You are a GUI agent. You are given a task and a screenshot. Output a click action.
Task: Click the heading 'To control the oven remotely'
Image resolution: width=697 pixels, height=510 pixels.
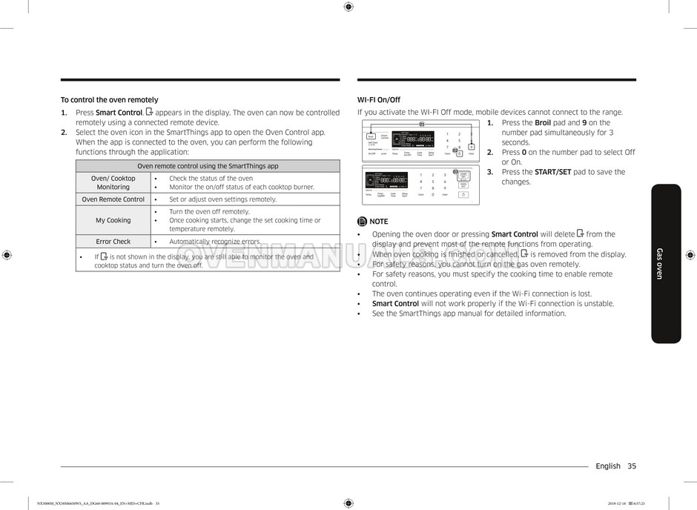(109, 100)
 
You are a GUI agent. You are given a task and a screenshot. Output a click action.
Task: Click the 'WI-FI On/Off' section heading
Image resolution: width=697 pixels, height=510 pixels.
(378, 100)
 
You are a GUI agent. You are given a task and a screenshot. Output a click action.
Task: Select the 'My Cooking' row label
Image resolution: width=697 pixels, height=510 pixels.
(113, 220)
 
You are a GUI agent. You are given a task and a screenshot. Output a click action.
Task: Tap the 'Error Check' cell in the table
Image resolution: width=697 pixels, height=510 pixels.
(113, 242)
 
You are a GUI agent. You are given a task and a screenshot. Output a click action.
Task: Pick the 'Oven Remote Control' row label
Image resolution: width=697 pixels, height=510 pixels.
(113, 199)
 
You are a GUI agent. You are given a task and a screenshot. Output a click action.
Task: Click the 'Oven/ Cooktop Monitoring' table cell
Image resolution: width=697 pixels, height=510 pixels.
(113, 182)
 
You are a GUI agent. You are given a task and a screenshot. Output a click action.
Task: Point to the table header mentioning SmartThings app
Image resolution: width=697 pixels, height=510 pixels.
(208, 166)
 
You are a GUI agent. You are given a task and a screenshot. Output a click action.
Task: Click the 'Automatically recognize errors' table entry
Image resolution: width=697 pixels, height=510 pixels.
(214, 242)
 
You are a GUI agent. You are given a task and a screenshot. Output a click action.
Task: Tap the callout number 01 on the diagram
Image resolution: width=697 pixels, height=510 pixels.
(422, 124)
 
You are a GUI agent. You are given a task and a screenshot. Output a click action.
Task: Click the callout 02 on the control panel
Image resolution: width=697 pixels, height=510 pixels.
(457, 152)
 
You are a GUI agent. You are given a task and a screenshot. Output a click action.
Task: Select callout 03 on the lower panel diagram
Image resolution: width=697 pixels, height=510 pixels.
(455, 171)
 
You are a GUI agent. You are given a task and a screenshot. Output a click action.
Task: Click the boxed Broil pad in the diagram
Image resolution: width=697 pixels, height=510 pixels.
(371, 136)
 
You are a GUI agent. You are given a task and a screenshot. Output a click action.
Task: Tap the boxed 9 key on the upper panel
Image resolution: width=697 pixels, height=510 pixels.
(470, 147)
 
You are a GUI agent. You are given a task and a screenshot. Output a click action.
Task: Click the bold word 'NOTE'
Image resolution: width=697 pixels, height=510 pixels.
(378, 222)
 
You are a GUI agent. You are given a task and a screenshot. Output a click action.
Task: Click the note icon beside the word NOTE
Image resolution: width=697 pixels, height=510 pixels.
(362, 222)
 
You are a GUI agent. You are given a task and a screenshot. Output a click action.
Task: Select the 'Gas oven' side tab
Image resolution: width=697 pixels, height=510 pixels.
(665, 263)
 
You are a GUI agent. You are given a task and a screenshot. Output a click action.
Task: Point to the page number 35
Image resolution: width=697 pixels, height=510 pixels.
(631, 466)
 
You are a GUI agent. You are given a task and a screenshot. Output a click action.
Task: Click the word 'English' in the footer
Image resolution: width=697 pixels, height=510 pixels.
(608, 466)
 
